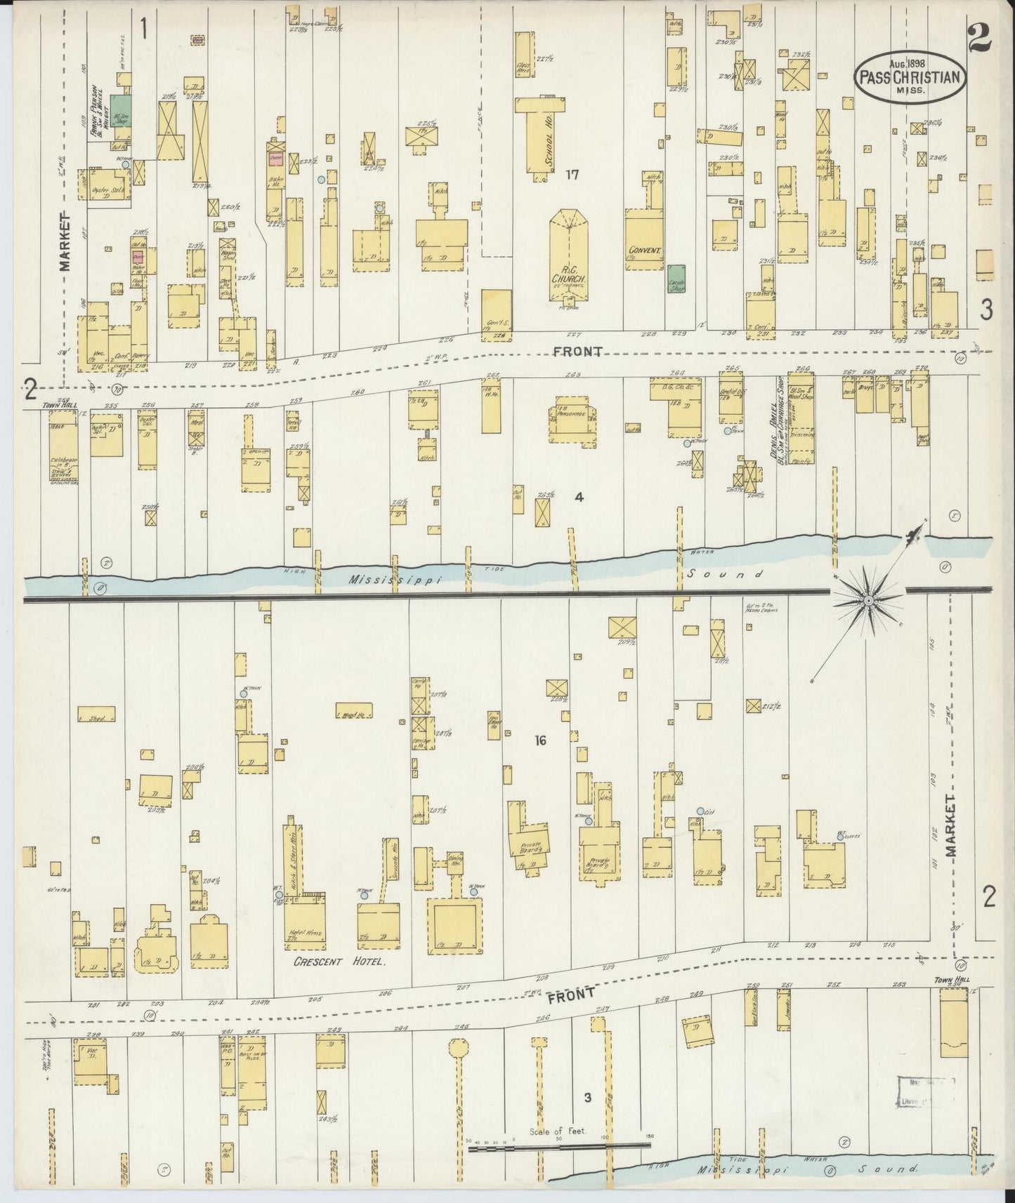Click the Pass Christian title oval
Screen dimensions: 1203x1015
pyautogui.click(x=910, y=77)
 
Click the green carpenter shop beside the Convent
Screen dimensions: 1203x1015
pyautogui.click(x=676, y=278)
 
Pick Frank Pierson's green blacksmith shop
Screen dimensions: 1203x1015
pyautogui.click(x=120, y=111)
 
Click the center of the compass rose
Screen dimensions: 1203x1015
pyautogui.click(x=868, y=601)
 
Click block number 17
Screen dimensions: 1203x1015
pyautogui.click(x=572, y=175)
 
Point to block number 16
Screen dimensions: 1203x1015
pyautogui.click(x=539, y=740)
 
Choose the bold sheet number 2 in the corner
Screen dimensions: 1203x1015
pyautogui.click(x=978, y=39)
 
